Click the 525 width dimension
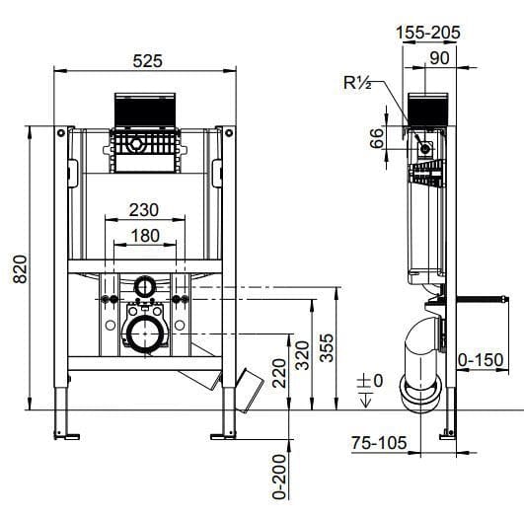146,60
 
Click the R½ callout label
356,82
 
